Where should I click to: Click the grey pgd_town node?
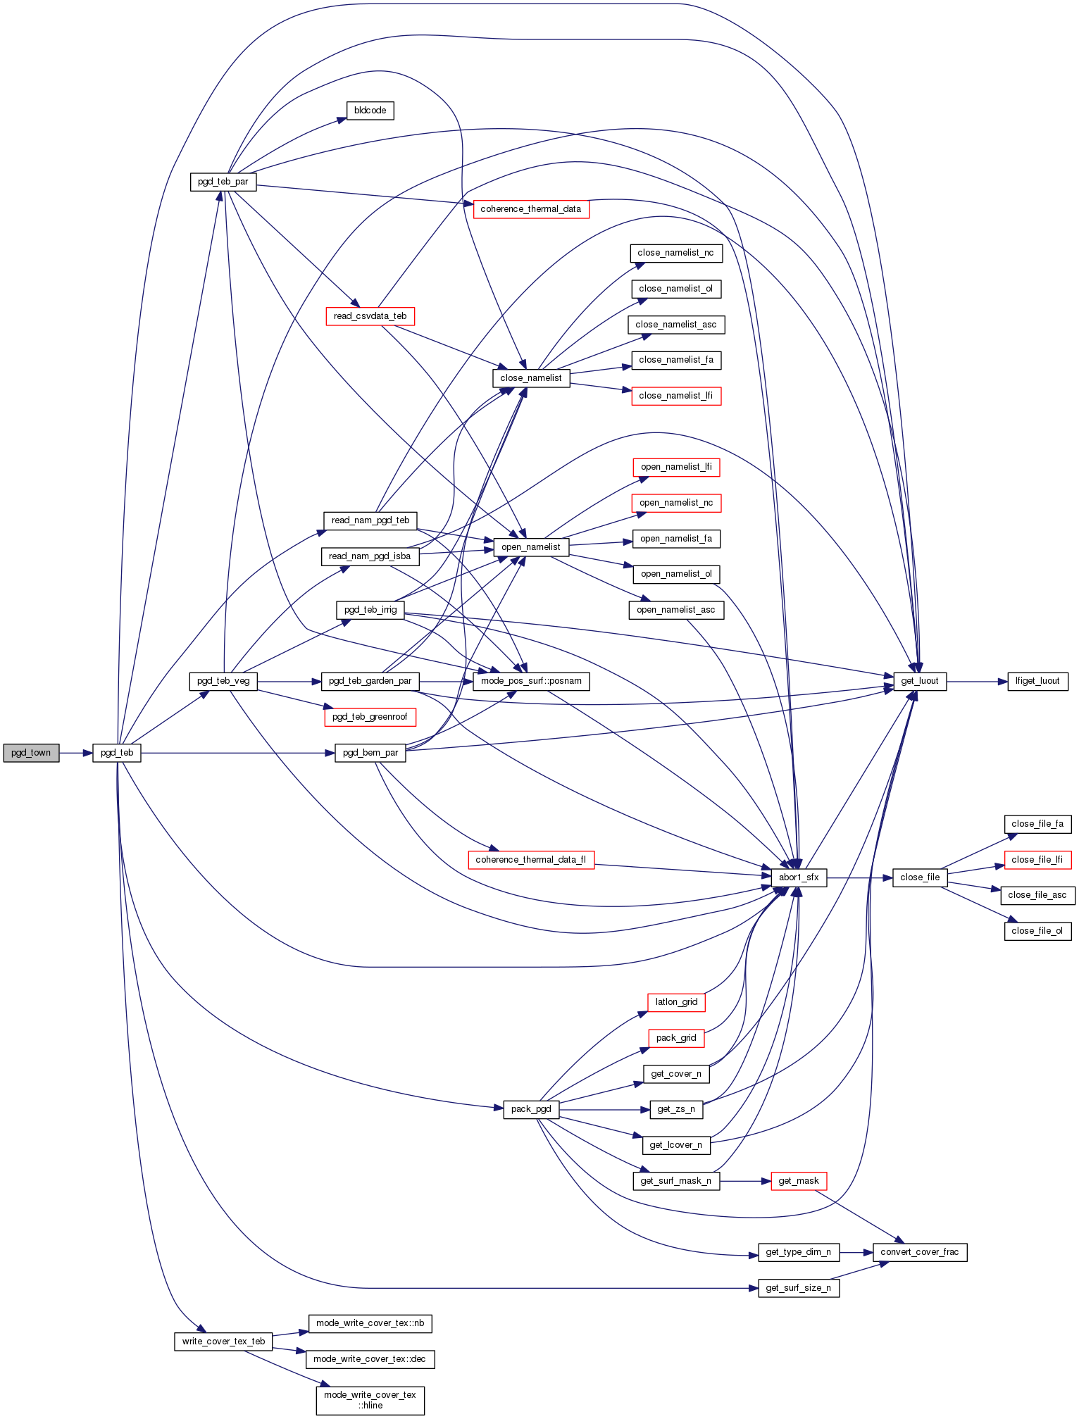(x=31, y=753)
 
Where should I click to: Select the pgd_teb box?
(x=117, y=753)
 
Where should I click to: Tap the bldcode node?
(x=370, y=111)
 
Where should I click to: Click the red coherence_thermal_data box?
(x=530, y=209)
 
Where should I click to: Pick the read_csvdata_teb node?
(x=370, y=316)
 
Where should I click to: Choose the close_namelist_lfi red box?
(x=675, y=396)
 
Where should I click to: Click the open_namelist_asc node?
(x=675, y=610)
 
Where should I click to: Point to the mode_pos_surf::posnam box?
(x=531, y=681)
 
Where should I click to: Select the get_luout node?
(x=920, y=681)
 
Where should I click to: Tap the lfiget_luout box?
(x=1037, y=681)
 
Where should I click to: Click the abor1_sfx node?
(x=799, y=877)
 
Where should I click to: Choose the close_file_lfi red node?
(x=1037, y=860)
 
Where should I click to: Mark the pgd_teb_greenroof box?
(x=370, y=717)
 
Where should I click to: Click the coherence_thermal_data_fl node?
(x=530, y=860)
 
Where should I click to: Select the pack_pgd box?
(x=531, y=1109)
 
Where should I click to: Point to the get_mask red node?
(x=799, y=1181)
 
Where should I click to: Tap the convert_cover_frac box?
(x=919, y=1252)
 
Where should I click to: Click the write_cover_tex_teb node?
(x=223, y=1342)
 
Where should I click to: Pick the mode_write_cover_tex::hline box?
(x=370, y=1400)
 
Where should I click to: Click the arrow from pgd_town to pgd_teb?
(x=76, y=753)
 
